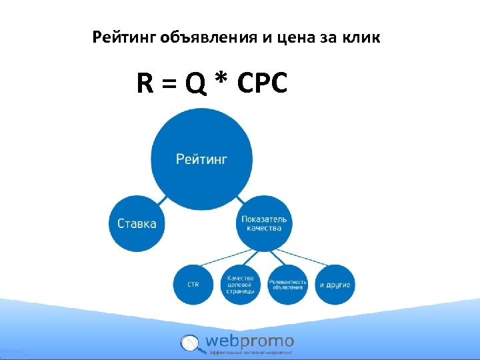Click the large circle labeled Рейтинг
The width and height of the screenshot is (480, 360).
[x=201, y=159]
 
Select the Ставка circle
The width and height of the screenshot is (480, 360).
[x=137, y=223]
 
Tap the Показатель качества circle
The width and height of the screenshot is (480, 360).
[x=264, y=223]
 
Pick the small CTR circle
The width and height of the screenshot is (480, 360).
[x=193, y=285]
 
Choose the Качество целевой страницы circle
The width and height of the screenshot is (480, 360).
[x=239, y=285]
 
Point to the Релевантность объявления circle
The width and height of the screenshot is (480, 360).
[x=288, y=285]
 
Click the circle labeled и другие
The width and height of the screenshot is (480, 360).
[x=335, y=285]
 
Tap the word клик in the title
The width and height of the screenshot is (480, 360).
[x=363, y=38]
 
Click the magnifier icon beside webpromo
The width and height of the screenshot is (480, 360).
[x=190, y=343]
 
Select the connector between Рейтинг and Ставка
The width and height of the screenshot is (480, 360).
[x=162, y=199]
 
